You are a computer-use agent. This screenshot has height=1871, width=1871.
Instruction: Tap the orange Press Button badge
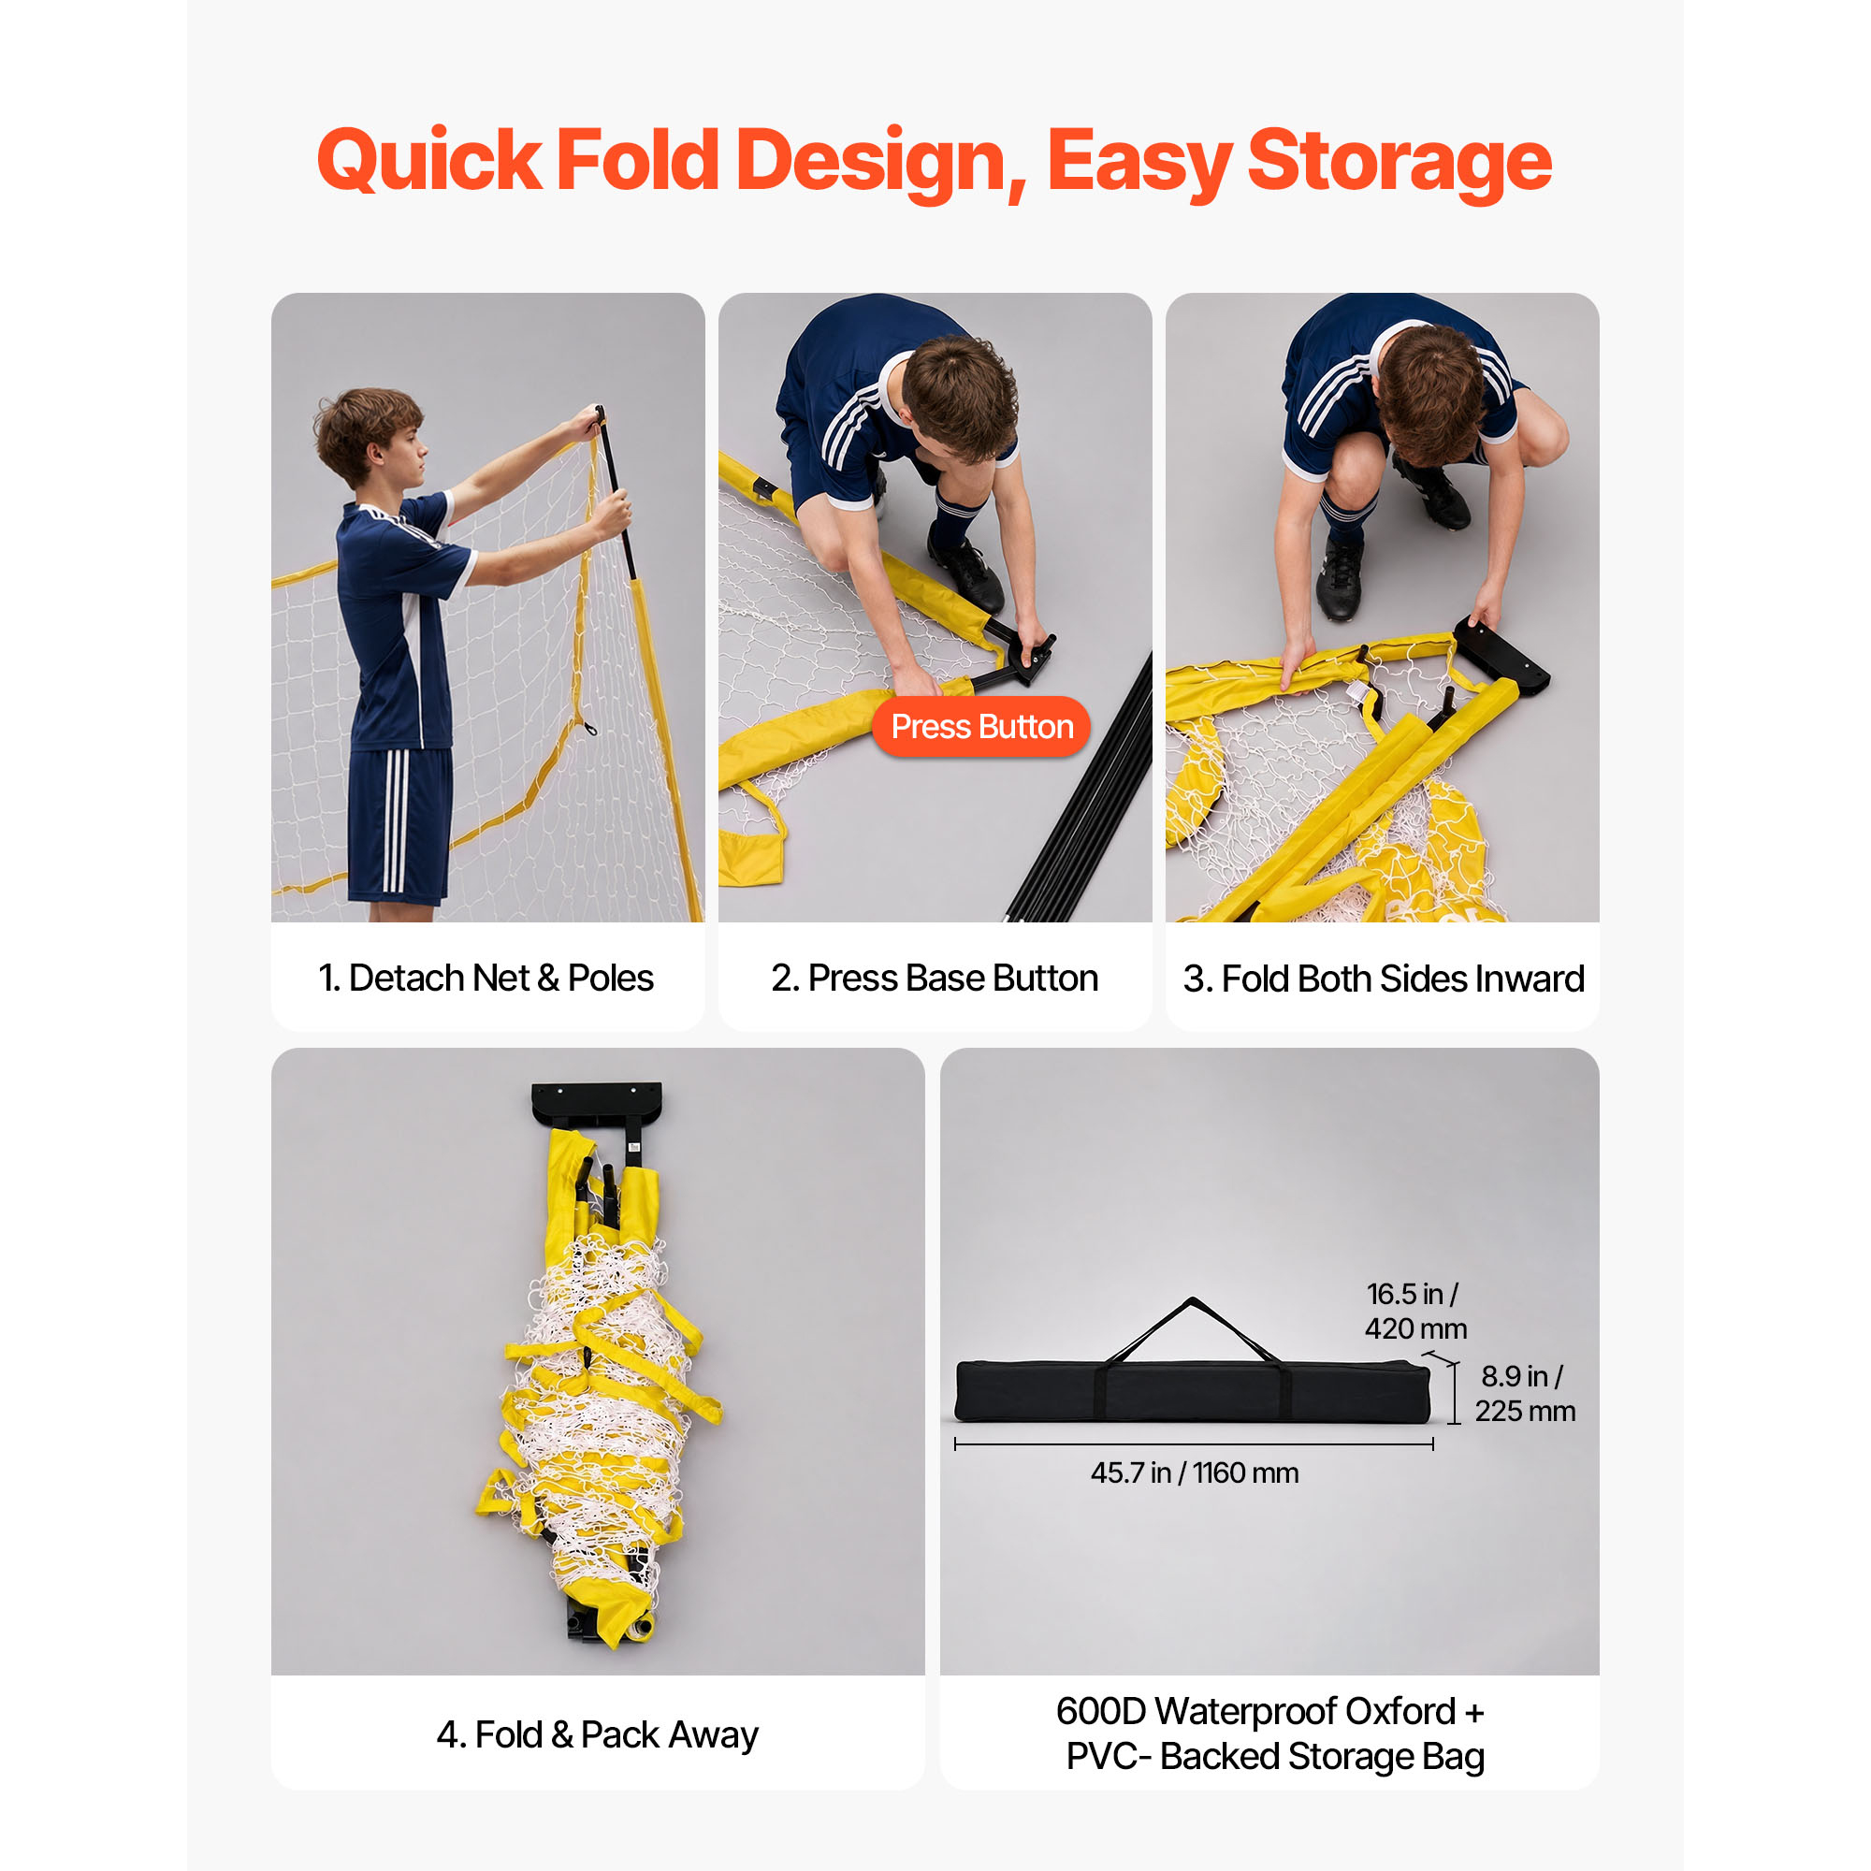coord(981,726)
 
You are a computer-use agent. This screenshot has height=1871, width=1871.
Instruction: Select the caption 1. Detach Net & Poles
coord(486,979)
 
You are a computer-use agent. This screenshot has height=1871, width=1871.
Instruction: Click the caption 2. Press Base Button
coord(935,979)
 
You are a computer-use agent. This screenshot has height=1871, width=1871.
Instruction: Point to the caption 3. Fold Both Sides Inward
coord(1383,979)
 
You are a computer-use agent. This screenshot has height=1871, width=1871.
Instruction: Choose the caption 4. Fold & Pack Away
coord(598,1734)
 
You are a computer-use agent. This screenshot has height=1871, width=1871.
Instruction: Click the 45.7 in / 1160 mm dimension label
coord(1194,1473)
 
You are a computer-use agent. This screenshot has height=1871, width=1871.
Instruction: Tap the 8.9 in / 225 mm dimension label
coord(1524,1394)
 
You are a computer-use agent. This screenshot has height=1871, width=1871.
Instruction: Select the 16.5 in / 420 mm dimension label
coord(1414,1312)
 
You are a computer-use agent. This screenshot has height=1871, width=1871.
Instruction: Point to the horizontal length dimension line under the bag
coord(1193,1443)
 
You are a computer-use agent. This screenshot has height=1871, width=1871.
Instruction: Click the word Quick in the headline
coord(429,160)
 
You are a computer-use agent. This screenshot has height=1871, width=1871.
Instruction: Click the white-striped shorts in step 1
coord(400,825)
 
